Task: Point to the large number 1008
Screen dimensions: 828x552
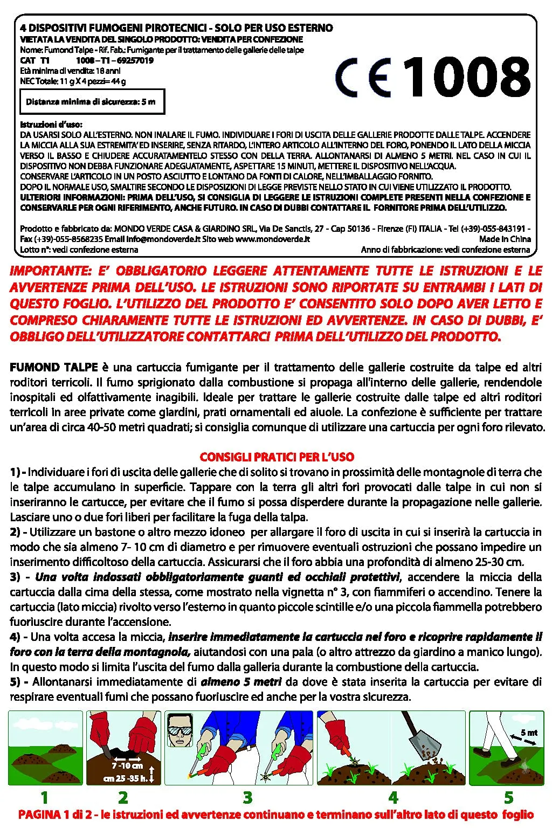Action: click(467, 78)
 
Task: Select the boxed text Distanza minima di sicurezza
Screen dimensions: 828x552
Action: click(91, 102)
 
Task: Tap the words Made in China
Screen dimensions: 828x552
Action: click(505, 239)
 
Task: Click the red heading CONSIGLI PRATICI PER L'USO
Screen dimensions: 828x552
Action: click(277, 457)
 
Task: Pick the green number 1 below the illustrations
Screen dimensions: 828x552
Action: click(44, 797)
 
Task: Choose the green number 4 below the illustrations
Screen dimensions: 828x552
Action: click(393, 797)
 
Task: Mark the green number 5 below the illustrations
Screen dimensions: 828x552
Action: click(508, 797)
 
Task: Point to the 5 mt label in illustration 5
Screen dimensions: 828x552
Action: click(529, 733)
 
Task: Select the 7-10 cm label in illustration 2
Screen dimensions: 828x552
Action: click(127, 765)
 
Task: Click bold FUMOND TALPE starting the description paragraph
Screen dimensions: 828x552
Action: click(54, 368)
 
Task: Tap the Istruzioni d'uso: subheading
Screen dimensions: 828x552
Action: click(51, 125)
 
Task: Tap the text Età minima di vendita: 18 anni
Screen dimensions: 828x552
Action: click(70, 71)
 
